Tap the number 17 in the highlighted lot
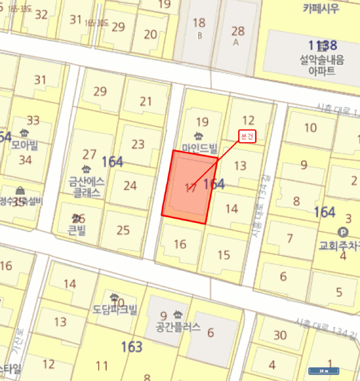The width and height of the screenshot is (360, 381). [190, 188]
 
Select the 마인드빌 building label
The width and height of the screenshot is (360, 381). [200, 147]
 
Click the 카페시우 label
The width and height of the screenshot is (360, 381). [321, 8]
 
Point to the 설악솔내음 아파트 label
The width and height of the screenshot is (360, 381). [321, 65]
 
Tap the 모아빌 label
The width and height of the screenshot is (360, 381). [25, 145]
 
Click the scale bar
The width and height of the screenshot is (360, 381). [324, 371]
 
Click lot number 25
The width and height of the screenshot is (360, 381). [123, 230]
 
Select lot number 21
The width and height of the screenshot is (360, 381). [146, 101]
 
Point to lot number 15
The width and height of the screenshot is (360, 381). [224, 254]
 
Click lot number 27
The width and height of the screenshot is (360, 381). [89, 155]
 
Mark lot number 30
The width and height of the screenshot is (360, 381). [280, 335]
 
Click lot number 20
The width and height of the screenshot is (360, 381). [151, 34]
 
